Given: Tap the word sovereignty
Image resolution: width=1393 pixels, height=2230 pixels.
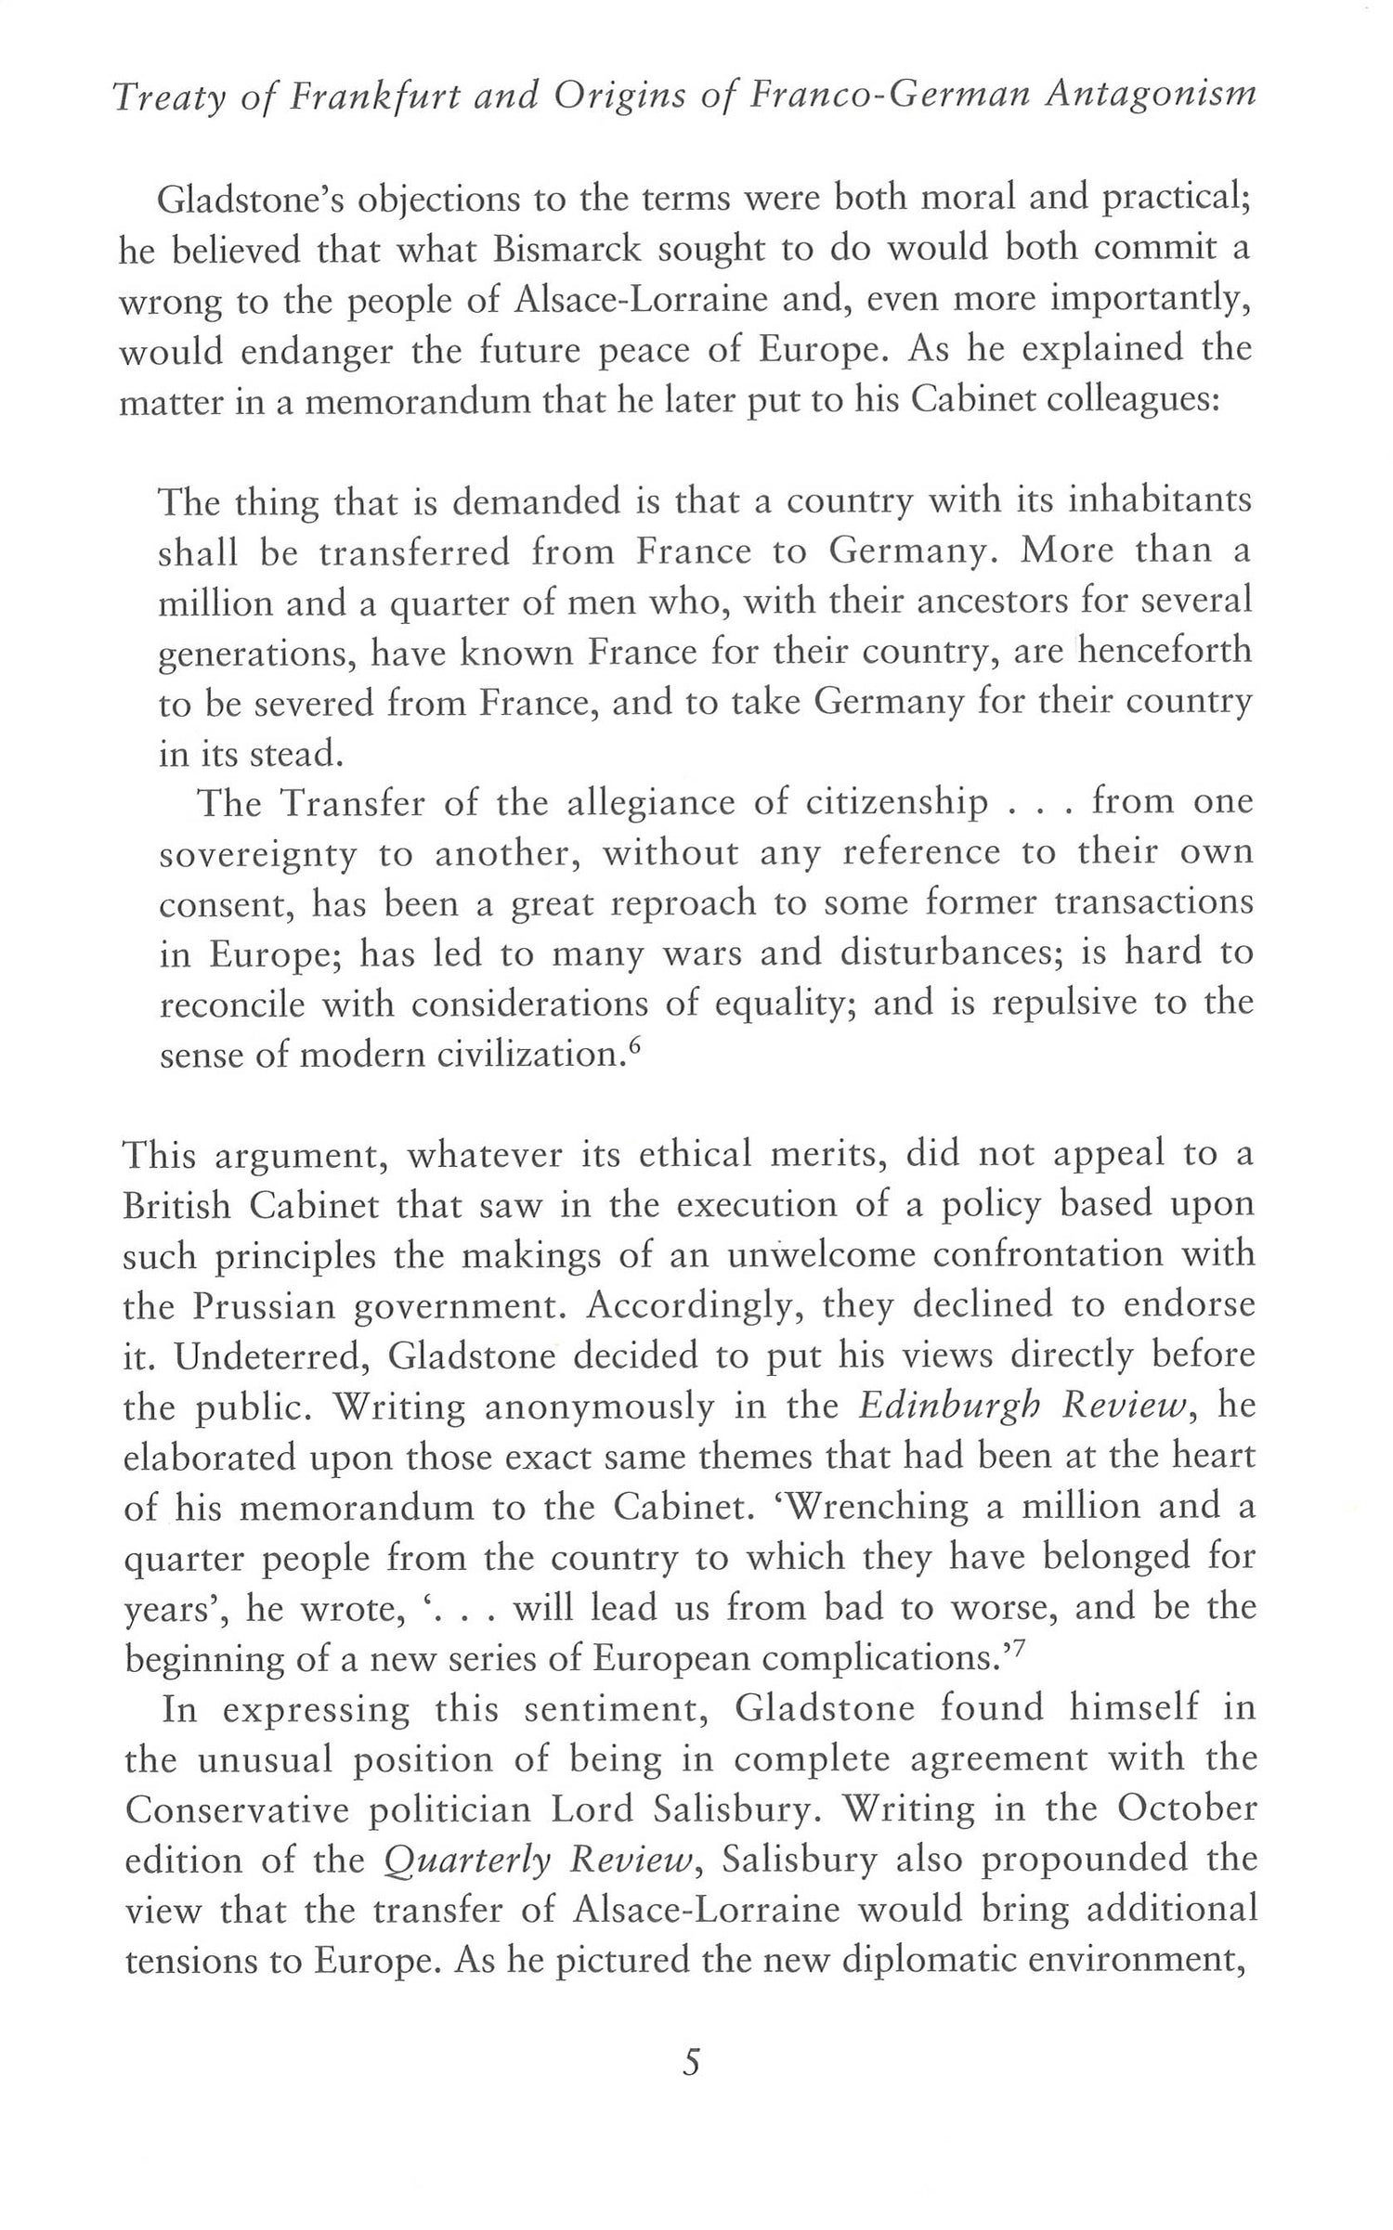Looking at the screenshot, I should (258, 854).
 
